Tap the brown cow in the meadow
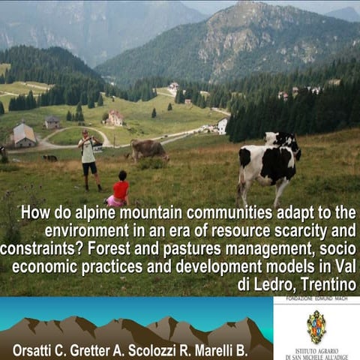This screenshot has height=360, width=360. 149,149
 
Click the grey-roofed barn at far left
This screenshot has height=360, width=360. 24,135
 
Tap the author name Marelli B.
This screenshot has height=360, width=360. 238,349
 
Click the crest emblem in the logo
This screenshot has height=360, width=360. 316,326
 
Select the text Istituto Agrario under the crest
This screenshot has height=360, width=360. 316,350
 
